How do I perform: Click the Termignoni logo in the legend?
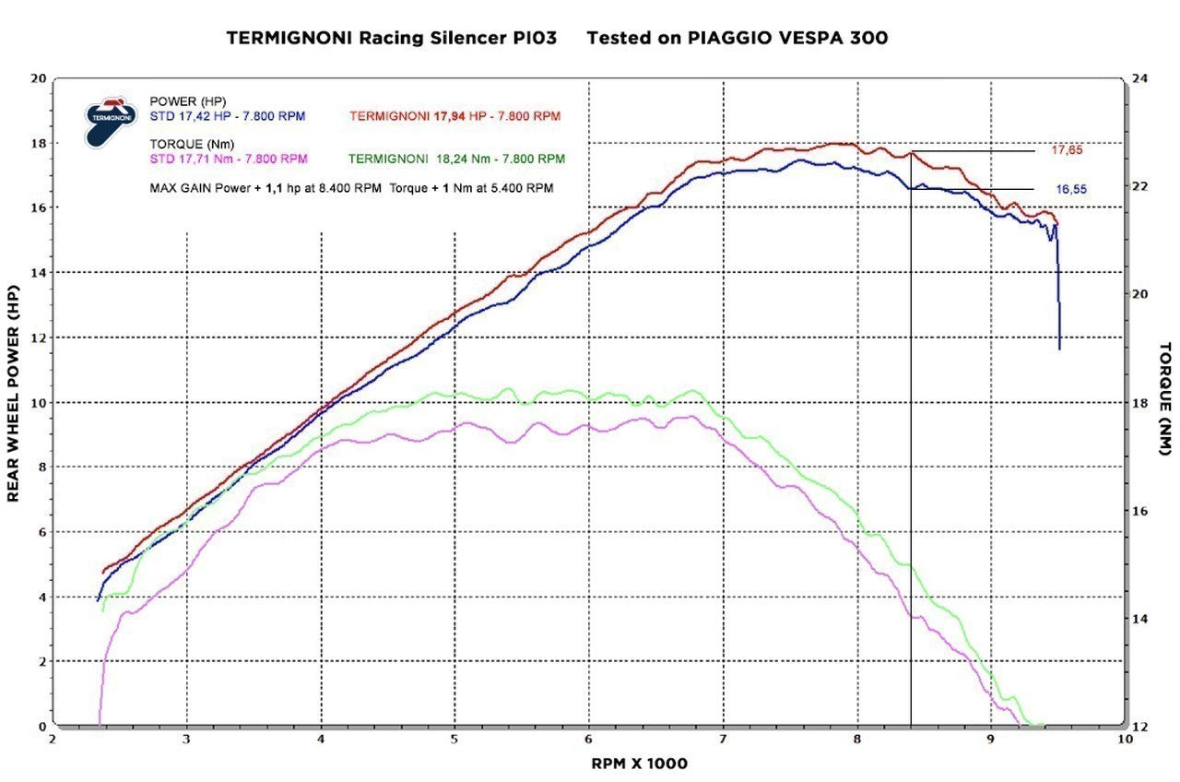[x=109, y=120]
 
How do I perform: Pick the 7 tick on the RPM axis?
[x=723, y=739]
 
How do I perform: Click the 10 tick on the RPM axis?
[x=1125, y=739]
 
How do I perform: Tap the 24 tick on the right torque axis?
[x=1139, y=78]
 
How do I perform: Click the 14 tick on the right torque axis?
[x=1139, y=618]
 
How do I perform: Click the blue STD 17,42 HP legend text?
[x=227, y=116]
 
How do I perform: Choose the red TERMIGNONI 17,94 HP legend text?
[x=454, y=116]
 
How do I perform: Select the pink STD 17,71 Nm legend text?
[x=228, y=159]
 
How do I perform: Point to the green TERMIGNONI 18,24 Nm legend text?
[x=457, y=159]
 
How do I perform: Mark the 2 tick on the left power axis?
[x=41, y=662]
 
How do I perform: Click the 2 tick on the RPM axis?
[x=53, y=739]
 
